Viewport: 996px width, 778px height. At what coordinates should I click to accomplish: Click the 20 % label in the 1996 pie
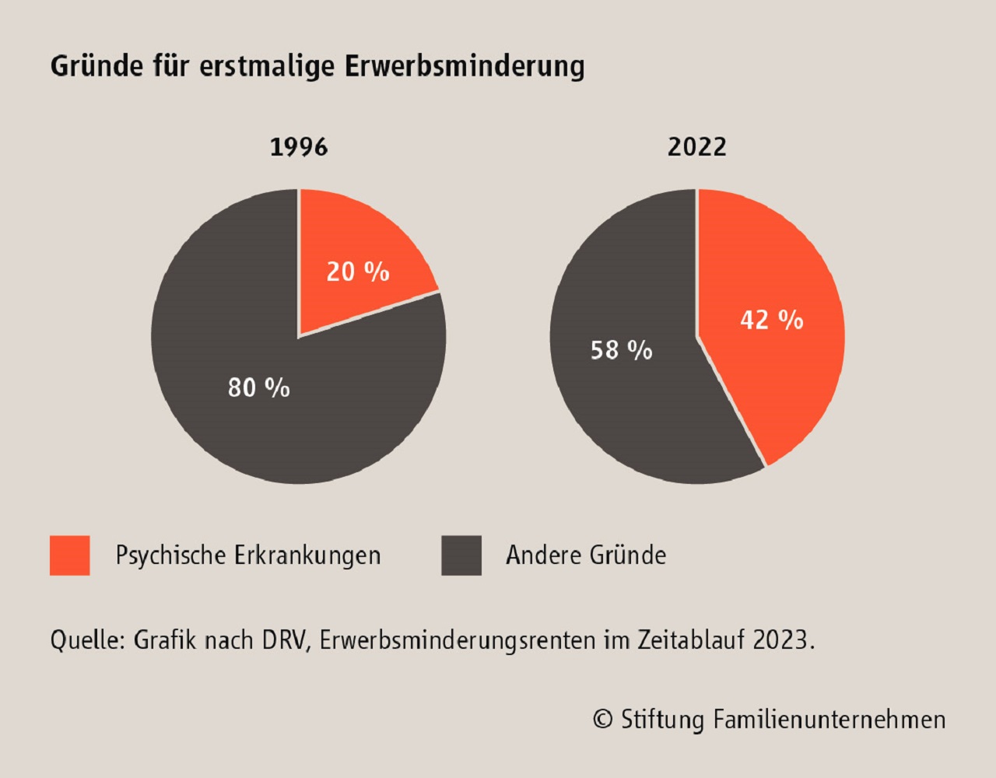click(x=358, y=272)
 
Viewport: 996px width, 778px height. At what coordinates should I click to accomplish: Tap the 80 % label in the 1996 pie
click(x=259, y=387)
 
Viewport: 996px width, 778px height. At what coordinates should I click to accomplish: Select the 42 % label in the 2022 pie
click(x=772, y=320)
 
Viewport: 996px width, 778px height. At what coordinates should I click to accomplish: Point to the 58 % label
click(x=622, y=350)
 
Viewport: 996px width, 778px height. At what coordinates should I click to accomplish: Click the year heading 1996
click(x=299, y=147)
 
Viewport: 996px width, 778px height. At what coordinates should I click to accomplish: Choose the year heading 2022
click(x=696, y=147)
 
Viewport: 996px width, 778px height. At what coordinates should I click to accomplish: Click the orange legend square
click(x=70, y=555)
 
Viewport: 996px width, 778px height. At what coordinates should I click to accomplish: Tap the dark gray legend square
click(x=461, y=555)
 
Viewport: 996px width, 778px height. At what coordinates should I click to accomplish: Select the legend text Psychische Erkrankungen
click(x=248, y=555)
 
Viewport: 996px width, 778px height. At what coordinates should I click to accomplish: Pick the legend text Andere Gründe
click(x=586, y=555)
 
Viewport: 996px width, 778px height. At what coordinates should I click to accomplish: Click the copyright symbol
click(x=602, y=720)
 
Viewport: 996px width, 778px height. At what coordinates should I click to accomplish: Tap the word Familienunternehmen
click(x=829, y=720)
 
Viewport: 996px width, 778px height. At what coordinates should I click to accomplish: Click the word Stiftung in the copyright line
click(x=662, y=720)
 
